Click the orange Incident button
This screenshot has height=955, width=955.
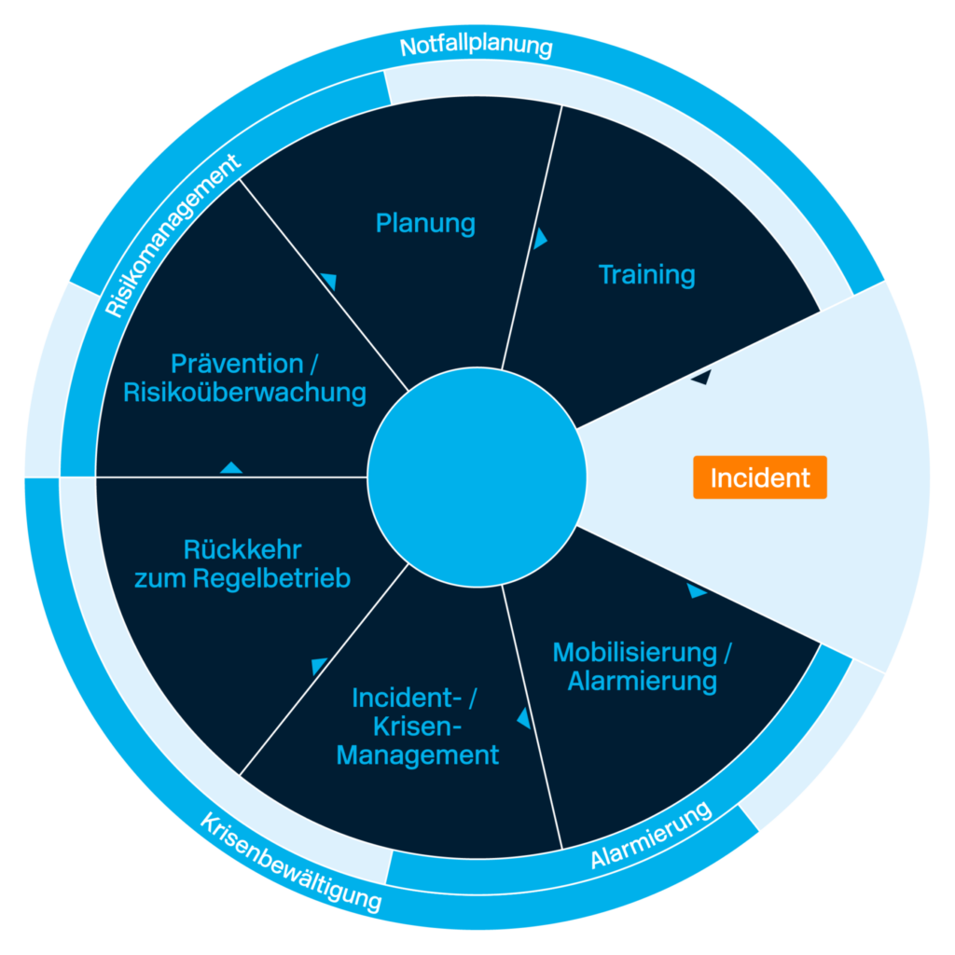coord(759,477)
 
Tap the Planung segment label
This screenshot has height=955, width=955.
coord(425,224)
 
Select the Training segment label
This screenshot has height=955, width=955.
coord(646,275)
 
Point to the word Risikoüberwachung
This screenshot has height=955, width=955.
coord(244,393)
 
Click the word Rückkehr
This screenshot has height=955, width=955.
coord(242,548)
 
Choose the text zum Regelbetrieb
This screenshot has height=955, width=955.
coord(242,578)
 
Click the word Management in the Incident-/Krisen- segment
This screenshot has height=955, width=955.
coord(418,754)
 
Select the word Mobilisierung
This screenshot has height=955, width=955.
coord(634,652)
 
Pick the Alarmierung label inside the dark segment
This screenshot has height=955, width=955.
coord(643,681)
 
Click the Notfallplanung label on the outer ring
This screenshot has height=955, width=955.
coord(476,46)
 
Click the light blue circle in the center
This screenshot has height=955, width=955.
coord(476,477)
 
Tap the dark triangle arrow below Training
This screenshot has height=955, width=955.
coord(700,377)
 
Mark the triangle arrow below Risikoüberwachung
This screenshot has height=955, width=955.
coord(231,467)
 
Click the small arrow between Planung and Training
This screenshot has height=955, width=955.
coord(540,239)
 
